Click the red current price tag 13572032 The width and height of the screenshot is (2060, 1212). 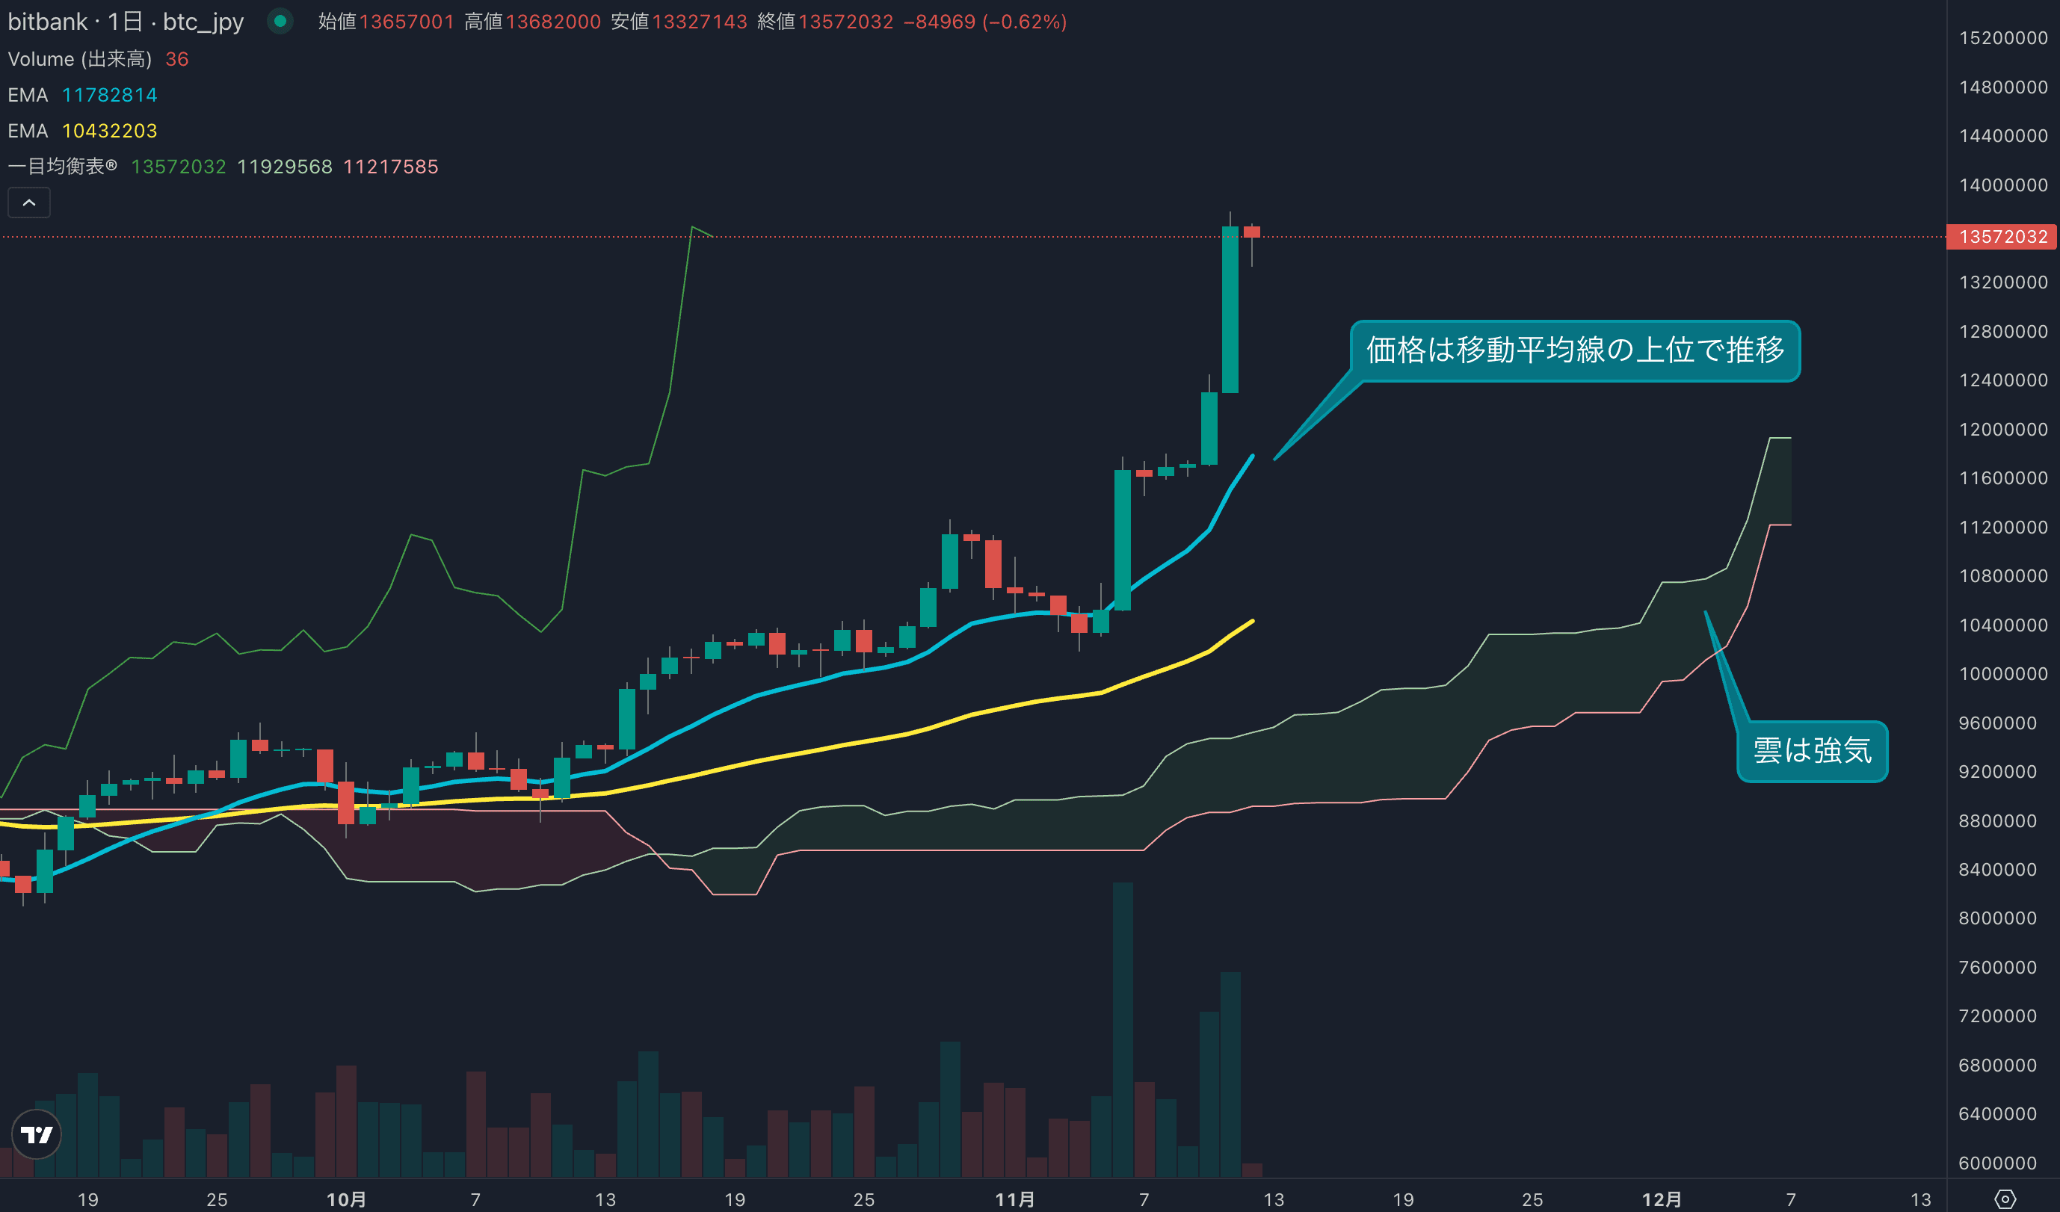pyautogui.click(x=2002, y=237)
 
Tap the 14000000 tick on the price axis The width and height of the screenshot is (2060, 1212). pyautogui.click(x=2002, y=185)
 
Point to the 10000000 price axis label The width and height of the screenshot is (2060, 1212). pyautogui.click(x=2002, y=674)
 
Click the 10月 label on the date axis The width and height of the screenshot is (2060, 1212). pyautogui.click(x=346, y=1199)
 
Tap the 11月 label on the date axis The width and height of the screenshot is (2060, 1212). pyautogui.click(x=1014, y=1199)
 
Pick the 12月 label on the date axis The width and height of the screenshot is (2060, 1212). pyautogui.click(x=1662, y=1199)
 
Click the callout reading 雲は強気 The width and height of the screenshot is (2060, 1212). pyautogui.click(x=1812, y=750)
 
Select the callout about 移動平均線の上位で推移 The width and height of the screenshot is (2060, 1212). pyautogui.click(x=1574, y=350)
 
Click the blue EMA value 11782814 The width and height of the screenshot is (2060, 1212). pyautogui.click(x=110, y=95)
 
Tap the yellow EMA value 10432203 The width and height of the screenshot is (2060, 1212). pyautogui.click(x=110, y=131)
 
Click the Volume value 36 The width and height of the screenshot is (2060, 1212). pyautogui.click(x=176, y=59)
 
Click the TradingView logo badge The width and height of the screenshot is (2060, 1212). pyautogui.click(x=37, y=1134)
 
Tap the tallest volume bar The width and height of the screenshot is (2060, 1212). pyautogui.click(x=1123, y=1030)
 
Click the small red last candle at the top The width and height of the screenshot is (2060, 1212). pyautogui.click(x=1251, y=232)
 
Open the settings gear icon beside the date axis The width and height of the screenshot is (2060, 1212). pyautogui.click(x=2005, y=1199)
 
